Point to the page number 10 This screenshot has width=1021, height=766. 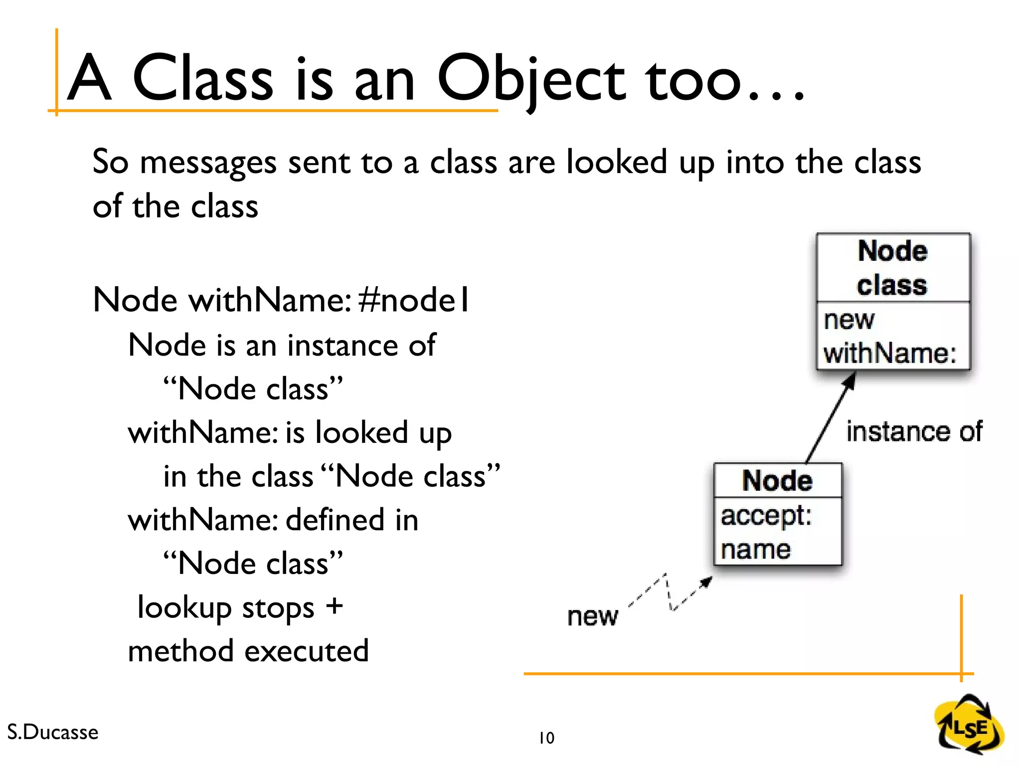coord(546,738)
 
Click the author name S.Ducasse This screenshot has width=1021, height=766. coord(53,732)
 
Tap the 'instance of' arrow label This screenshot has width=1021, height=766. coord(914,431)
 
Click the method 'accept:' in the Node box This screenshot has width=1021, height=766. coord(766,516)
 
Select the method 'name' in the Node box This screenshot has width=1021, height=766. coord(756,550)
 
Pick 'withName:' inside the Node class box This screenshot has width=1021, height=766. coord(890,353)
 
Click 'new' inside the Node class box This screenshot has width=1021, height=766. coord(849,320)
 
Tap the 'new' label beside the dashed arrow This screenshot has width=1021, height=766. coord(592,616)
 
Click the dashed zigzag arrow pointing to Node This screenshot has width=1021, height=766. coord(671,593)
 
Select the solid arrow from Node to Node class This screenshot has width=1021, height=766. coord(831,418)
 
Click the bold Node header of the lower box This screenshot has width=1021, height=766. coord(777,481)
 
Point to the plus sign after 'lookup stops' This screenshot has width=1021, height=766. coord(335,606)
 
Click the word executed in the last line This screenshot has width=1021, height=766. coord(307,651)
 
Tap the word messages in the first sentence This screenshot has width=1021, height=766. coord(208,163)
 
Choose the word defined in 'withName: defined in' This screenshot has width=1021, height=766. coord(336,520)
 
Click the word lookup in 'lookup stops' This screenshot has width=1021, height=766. coord(184,607)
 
